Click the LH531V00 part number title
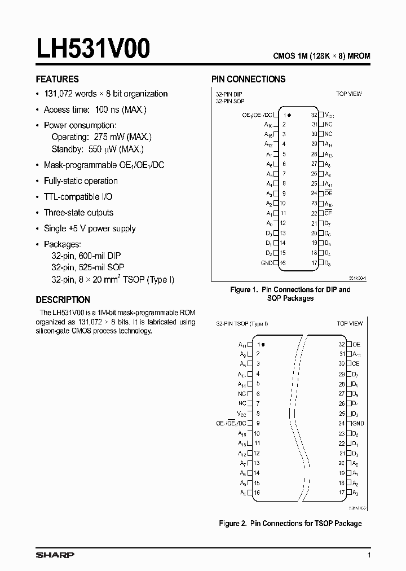(x=93, y=49)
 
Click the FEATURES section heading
(x=58, y=79)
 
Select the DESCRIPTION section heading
(x=63, y=300)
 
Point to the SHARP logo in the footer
(x=55, y=555)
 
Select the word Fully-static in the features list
(x=62, y=181)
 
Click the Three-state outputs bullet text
(x=78, y=212)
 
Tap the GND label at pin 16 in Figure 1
(x=266, y=263)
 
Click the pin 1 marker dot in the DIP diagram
(x=289, y=115)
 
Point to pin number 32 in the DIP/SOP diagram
(x=314, y=115)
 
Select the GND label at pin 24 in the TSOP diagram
(x=359, y=423)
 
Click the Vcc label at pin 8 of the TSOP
(x=242, y=414)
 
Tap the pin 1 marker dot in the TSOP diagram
(x=263, y=344)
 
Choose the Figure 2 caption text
(x=290, y=523)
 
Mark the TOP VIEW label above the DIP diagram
(x=349, y=94)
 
